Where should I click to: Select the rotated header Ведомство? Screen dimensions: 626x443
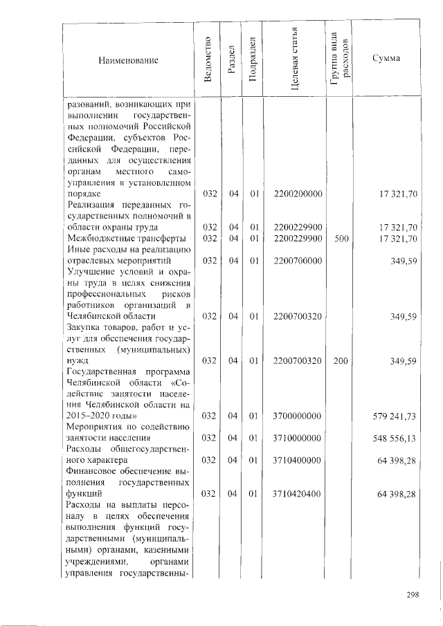click(208, 60)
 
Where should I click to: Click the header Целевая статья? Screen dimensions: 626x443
click(295, 60)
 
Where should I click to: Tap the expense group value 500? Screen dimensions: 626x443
click(339, 239)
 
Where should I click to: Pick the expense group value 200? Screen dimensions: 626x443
click(339, 360)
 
